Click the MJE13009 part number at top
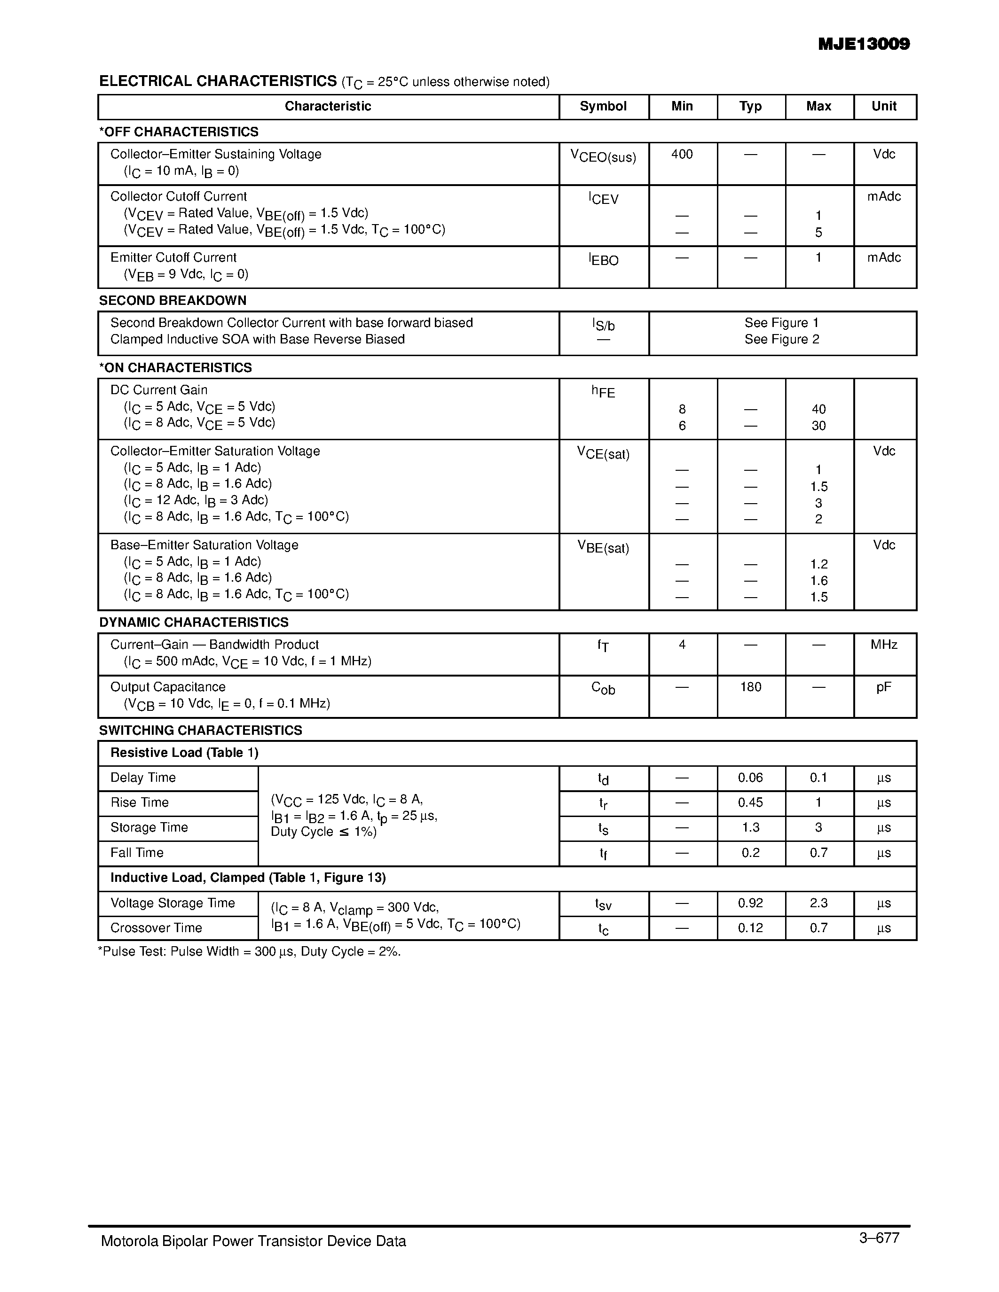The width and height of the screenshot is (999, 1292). (x=864, y=44)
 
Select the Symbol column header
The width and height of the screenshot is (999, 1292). (x=603, y=107)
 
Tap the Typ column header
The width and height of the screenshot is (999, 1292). (x=750, y=107)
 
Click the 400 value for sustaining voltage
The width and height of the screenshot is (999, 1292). (x=682, y=155)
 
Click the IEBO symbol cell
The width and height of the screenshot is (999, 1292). (x=603, y=260)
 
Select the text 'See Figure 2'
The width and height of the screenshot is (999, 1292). (x=782, y=340)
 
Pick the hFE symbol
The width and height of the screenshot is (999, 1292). (x=603, y=392)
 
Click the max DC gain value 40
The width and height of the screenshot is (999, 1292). (x=818, y=409)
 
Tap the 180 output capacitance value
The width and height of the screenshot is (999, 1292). (x=750, y=687)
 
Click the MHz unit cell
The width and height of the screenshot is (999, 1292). (x=884, y=645)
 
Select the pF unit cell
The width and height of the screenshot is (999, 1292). (x=884, y=687)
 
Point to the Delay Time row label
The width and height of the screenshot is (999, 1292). (x=143, y=778)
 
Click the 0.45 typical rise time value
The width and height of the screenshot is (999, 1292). (x=750, y=803)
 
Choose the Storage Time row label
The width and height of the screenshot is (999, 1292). (x=149, y=828)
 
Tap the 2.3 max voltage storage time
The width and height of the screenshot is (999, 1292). (x=818, y=903)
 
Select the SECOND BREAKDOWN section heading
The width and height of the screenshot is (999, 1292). (x=173, y=301)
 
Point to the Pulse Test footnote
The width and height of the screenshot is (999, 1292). (x=249, y=952)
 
